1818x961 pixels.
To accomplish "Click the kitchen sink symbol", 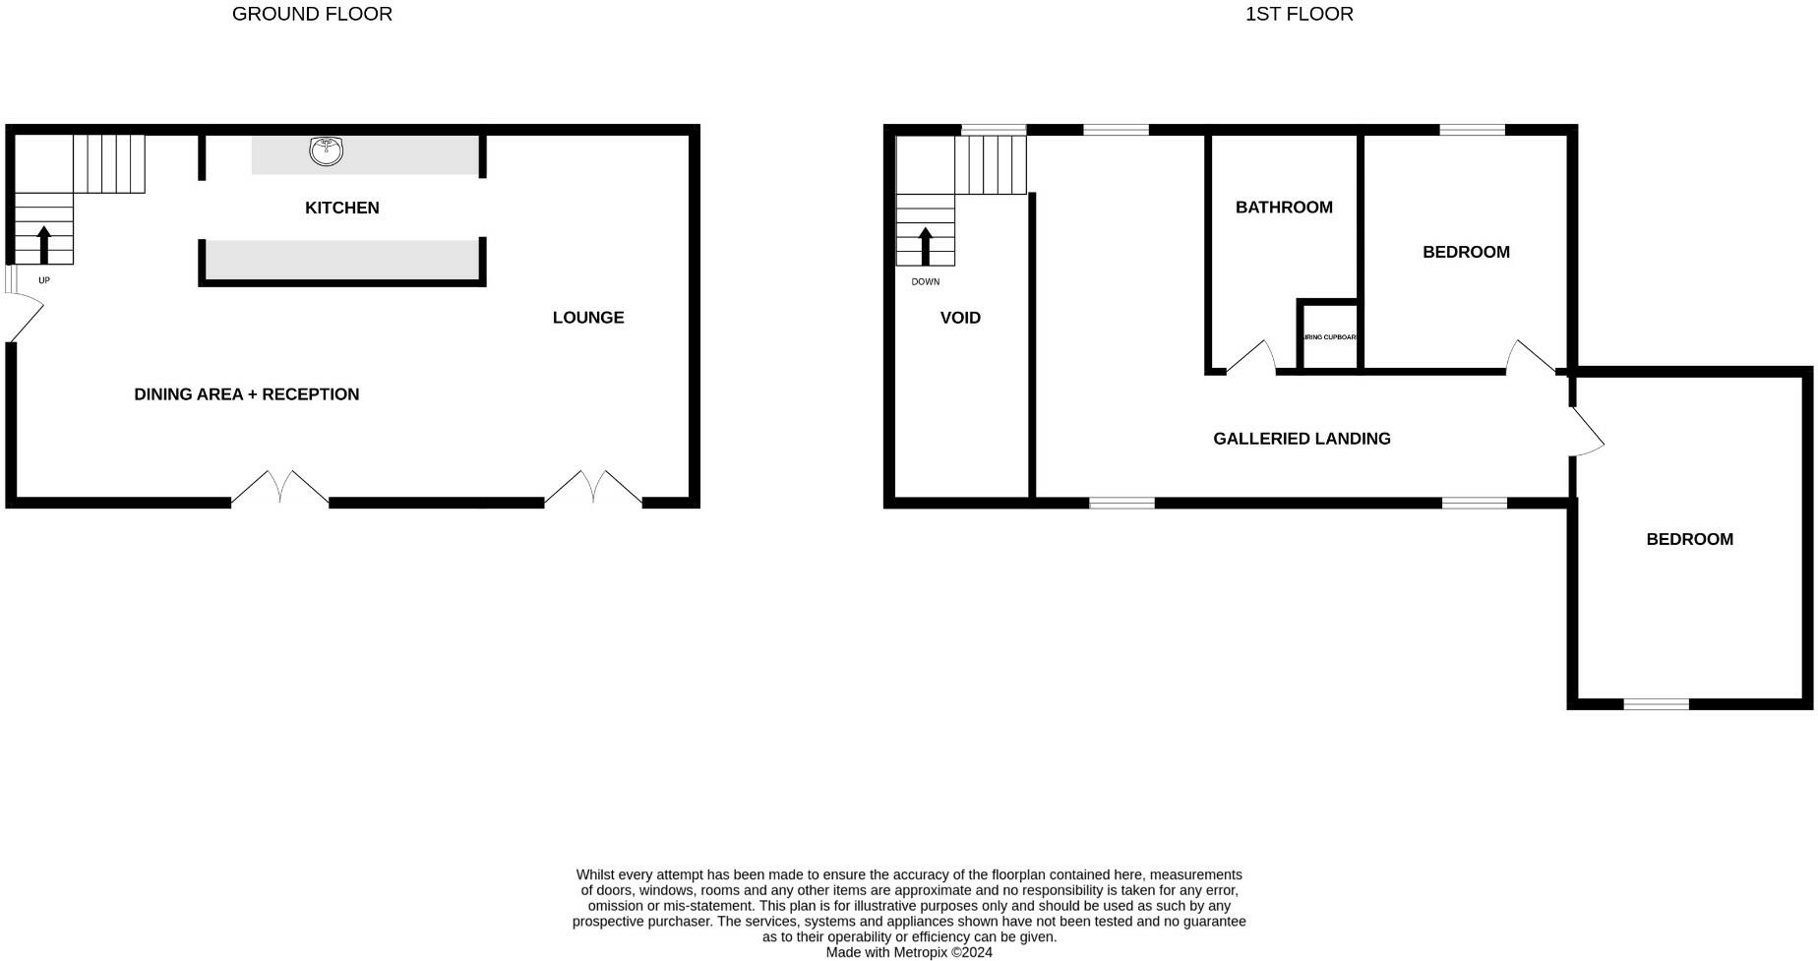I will [326, 151].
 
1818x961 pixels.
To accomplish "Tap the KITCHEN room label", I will [341, 208].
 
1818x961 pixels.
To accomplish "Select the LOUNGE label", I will [588, 318].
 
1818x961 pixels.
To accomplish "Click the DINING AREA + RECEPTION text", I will [247, 394].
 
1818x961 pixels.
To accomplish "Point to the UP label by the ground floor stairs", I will [44, 280].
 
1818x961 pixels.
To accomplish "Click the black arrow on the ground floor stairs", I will [44, 244].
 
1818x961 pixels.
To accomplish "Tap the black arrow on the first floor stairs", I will [925, 246].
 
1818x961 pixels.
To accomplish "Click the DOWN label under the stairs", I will [925, 282].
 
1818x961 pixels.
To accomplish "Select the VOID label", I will [960, 318].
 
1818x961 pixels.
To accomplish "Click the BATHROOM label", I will [1284, 208].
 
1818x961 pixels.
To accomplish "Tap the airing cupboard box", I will [1329, 336].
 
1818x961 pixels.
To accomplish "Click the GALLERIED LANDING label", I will [1302, 439].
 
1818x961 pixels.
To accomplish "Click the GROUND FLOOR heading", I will [312, 14].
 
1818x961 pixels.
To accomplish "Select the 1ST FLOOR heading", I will [1299, 14].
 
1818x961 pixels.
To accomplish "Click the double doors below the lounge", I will [593, 489].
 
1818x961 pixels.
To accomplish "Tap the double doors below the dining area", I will [279, 489].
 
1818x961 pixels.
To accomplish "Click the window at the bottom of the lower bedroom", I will [1656, 703].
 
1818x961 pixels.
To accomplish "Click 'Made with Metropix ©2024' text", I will [909, 952].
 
